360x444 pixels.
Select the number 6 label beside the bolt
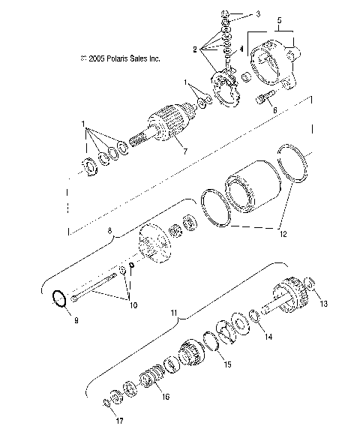(274, 109)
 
